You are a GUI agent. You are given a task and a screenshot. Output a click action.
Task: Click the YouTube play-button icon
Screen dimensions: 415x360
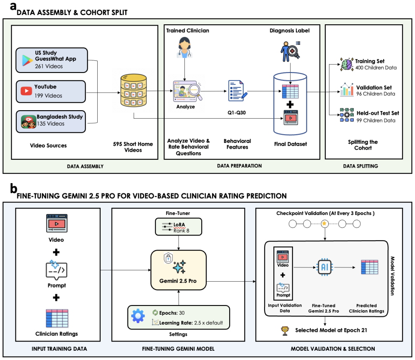pos(26,91)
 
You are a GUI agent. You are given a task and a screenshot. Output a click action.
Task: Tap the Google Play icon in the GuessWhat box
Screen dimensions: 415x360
pos(27,61)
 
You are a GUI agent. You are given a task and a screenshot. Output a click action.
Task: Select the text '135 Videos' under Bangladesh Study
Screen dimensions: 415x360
pos(51,124)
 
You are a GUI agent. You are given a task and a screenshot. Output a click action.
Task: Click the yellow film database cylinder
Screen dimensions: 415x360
pos(133,90)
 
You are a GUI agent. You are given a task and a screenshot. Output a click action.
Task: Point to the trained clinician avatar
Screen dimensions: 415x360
pos(184,47)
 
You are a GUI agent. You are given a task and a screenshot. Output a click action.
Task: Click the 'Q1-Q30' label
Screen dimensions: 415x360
pos(236,113)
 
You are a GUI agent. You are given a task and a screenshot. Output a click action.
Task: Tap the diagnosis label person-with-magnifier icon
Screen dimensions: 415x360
pos(290,51)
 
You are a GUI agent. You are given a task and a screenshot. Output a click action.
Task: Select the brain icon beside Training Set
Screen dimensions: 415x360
pos(347,64)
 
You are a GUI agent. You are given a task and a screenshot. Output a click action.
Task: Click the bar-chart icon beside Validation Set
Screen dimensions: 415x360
pos(347,90)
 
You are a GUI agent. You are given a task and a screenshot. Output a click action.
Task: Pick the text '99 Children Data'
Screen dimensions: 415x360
pos(376,121)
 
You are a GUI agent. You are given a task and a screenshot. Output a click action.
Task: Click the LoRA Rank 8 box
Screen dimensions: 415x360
pos(179,227)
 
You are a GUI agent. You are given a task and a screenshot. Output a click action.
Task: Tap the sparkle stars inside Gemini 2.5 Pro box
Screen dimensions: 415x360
pos(179,267)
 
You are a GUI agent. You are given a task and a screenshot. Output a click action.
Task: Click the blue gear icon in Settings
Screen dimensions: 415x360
pos(138,316)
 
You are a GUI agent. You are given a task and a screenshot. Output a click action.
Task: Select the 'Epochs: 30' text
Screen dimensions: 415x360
pos(172,313)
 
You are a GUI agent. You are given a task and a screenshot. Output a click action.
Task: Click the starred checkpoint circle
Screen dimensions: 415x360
pos(324,224)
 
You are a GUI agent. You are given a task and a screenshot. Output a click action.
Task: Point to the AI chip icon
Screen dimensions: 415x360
pos(325,267)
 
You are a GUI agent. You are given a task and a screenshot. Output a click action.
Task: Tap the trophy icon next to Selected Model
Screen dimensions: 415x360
pos(285,331)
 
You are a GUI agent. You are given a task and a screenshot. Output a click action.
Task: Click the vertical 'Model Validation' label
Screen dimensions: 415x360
pos(392,276)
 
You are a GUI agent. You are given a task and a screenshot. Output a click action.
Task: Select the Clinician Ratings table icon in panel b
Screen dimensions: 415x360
pos(57,319)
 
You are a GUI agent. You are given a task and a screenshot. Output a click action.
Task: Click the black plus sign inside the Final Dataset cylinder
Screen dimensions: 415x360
pos(290,104)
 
